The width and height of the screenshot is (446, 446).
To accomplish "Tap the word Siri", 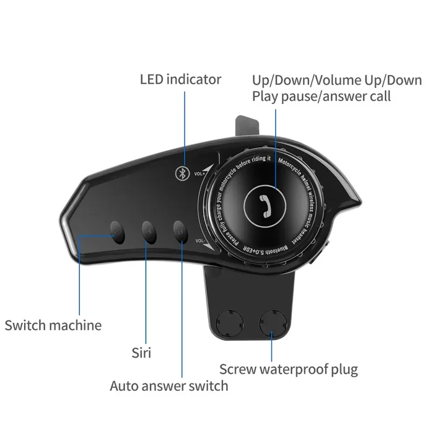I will tap(141, 353).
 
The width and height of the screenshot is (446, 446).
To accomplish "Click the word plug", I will tap(344, 370).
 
